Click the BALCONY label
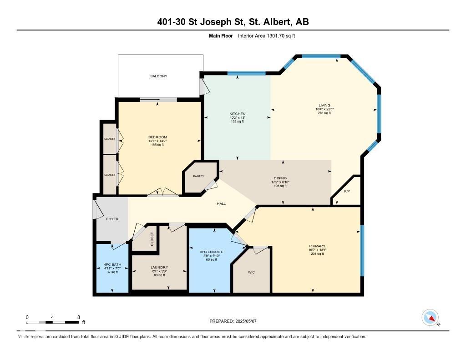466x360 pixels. click(x=159, y=76)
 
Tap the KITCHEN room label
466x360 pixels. click(x=237, y=114)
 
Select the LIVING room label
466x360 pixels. click(x=324, y=106)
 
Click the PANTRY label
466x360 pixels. click(x=198, y=176)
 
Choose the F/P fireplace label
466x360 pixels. click(x=347, y=191)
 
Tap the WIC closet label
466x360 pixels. click(x=251, y=272)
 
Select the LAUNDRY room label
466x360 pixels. click(x=159, y=268)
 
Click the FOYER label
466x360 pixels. click(x=112, y=219)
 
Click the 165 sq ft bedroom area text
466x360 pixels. click(x=157, y=145)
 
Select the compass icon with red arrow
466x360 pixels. click(x=430, y=318)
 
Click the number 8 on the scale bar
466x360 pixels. click(x=79, y=317)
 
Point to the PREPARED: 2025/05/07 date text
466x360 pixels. click(x=236, y=321)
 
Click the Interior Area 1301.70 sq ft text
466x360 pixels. click(x=267, y=36)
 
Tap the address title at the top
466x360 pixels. click(x=233, y=22)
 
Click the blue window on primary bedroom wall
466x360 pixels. click(x=362, y=250)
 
